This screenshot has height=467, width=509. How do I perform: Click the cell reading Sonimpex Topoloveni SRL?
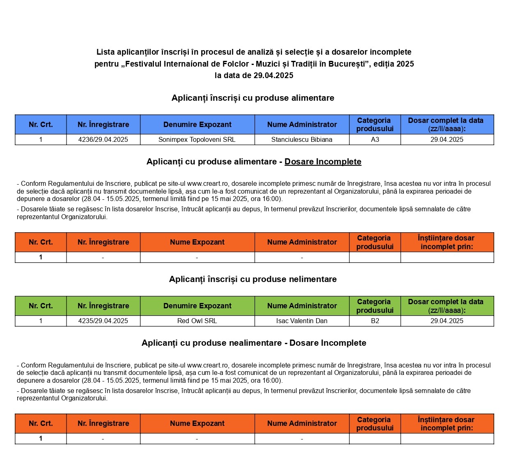[x=197, y=140]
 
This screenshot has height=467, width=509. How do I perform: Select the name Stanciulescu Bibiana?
[x=302, y=140]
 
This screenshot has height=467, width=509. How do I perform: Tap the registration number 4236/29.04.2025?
[x=103, y=140]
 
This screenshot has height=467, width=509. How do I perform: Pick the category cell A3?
[x=375, y=140]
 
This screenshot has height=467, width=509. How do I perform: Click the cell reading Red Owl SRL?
[x=197, y=321]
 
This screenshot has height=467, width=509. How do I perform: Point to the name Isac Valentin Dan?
[x=302, y=321]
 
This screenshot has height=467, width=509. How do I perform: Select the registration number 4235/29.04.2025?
[x=103, y=321]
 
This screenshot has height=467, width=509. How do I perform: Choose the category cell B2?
[x=375, y=321]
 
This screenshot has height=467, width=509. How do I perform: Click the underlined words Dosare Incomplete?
[x=323, y=162]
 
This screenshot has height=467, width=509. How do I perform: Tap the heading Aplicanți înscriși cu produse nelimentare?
[x=253, y=279]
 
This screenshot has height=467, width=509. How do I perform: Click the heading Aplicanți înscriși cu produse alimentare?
[x=253, y=98]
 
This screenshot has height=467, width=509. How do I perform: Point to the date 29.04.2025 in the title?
[x=273, y=75]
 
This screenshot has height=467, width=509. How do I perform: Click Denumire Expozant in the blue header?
[x=197, y=125]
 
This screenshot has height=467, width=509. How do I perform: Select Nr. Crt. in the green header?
[x=41, y=306]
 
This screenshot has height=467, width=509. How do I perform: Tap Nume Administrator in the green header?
[x=302, y=306]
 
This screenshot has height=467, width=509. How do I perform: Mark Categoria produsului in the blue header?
[x=375, y=125]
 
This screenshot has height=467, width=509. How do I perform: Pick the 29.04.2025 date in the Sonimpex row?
[x=447, y=140]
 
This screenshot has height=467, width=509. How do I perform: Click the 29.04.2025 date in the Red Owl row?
[x=447, y=321]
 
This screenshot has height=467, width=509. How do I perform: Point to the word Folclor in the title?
[x=236, y=64]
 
